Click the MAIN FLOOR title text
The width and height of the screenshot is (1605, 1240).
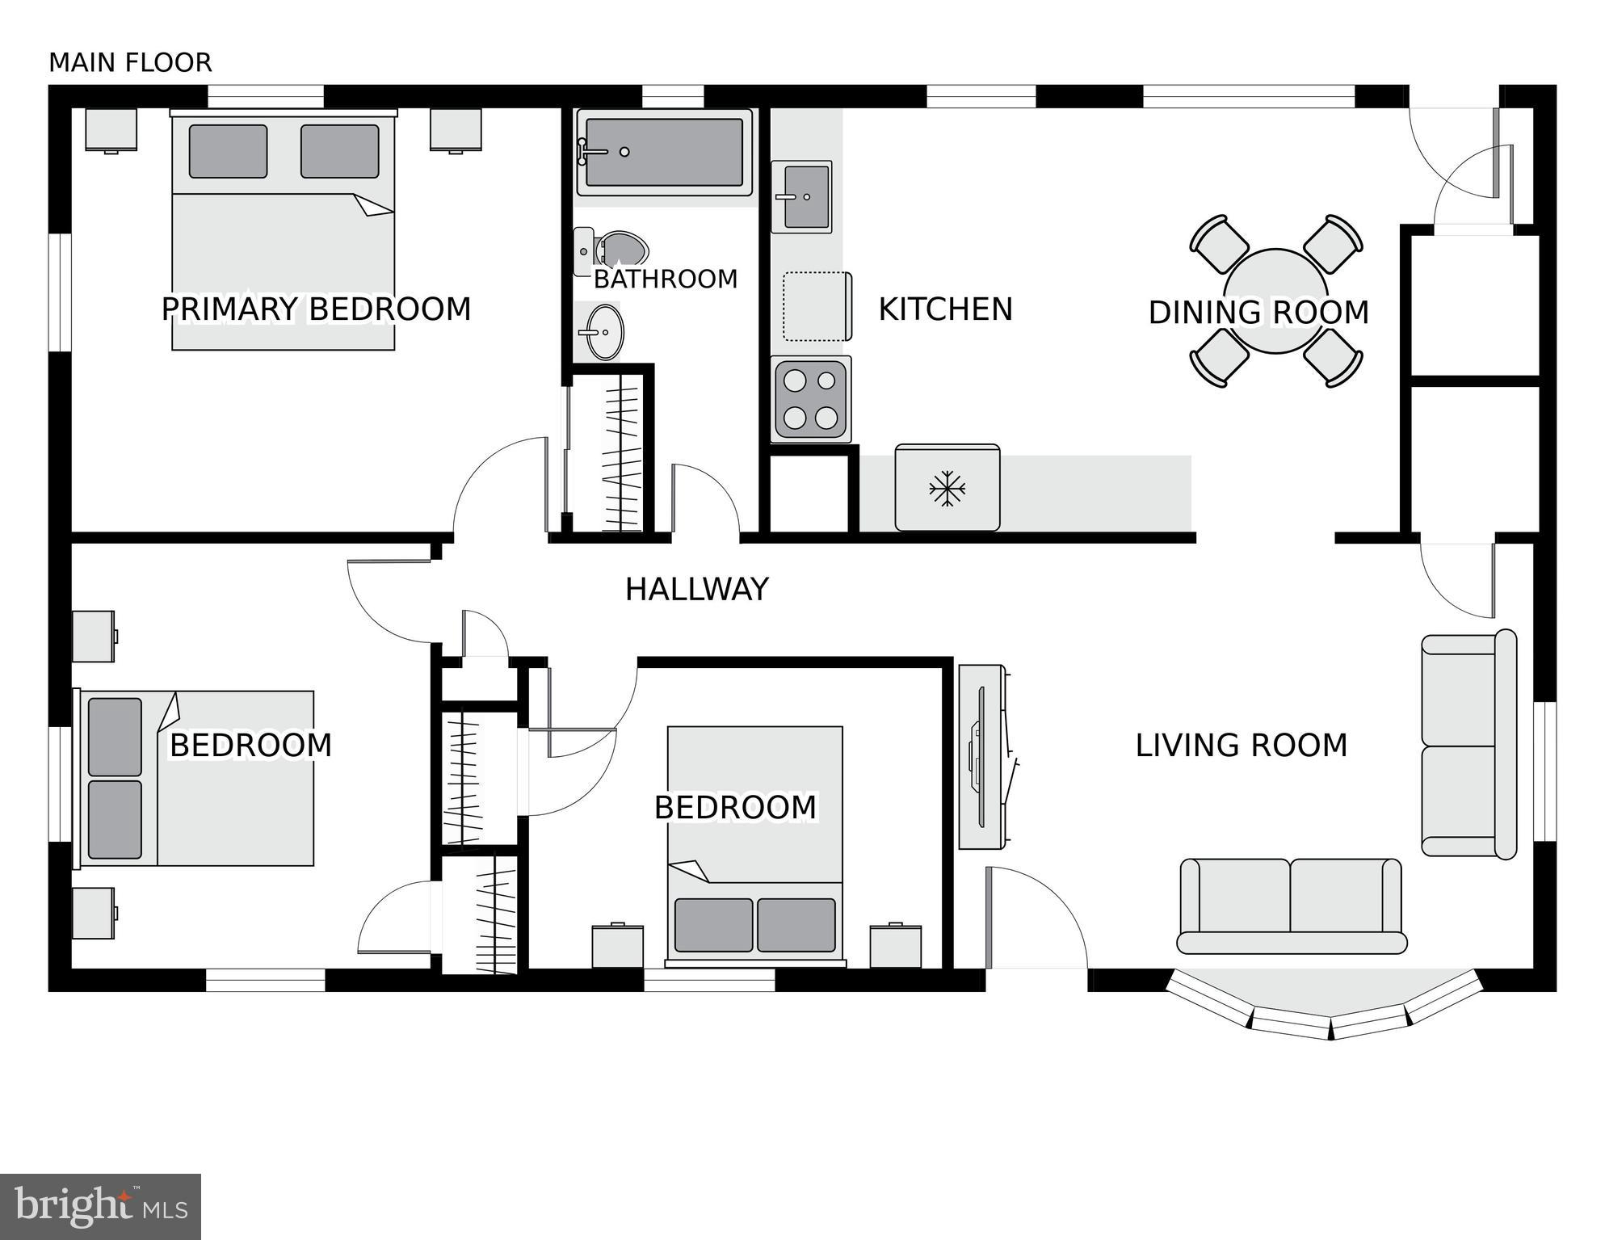point(130,62)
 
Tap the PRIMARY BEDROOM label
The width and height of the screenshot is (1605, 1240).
point(316,309)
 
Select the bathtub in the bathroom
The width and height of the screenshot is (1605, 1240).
point(664,153)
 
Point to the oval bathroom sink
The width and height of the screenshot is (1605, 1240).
point(604,331)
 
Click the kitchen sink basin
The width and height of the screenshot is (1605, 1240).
point(805,196)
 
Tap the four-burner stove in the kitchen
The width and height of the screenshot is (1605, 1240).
point(811,399)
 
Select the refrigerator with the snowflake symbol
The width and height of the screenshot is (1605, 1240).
point(947,488)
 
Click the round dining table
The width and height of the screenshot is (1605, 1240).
point(1275,301)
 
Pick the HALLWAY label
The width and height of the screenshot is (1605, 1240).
point(696,590)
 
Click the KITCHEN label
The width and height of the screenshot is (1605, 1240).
point(945,309)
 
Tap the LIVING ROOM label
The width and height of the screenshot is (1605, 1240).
point(1241,745)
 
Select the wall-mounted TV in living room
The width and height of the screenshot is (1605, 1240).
point(981,757)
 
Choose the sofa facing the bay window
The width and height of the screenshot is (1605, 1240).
point(1291,905)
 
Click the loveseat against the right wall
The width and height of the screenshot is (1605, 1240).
point(1468,745)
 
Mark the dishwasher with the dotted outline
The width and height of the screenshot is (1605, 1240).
point(816,306)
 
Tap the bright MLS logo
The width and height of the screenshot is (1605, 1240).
point(100,1206)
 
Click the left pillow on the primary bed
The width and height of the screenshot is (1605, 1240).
point(228,151)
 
